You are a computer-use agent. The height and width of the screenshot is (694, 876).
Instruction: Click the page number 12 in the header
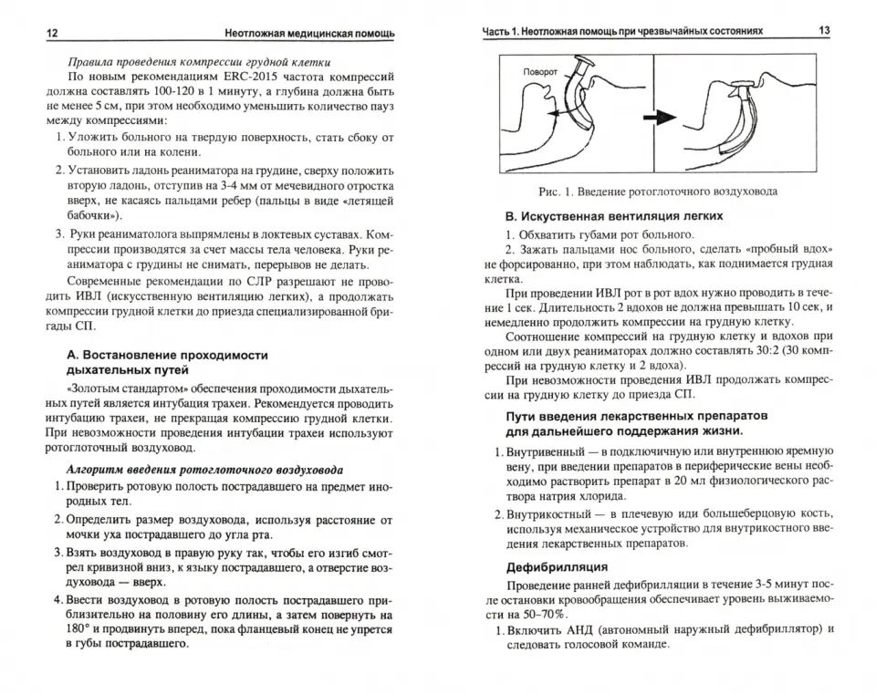click(51, 33)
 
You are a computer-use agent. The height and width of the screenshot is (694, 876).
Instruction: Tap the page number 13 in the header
click(823, 31)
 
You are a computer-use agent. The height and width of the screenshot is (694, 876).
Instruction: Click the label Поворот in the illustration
click(545, 71)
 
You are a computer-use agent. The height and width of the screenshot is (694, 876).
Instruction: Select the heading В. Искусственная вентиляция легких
click(614, 216)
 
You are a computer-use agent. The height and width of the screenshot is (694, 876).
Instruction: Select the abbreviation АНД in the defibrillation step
click(591, 629)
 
